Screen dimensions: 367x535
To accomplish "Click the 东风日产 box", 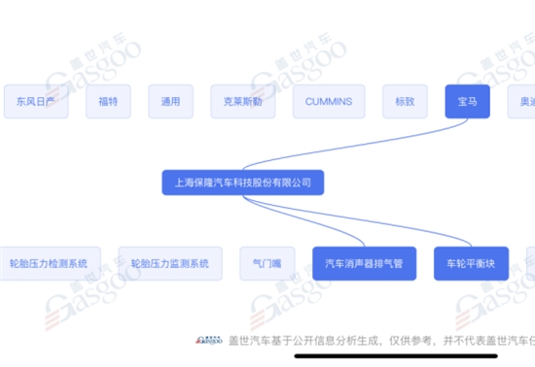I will [x=36, y=101].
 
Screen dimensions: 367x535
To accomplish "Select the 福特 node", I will [x=108, y=101].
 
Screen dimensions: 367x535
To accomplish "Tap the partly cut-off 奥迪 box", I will [x=522, y=101].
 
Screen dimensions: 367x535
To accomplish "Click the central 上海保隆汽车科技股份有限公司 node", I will [x=242, y=182].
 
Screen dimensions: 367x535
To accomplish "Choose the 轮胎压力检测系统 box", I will [x=48, y=263].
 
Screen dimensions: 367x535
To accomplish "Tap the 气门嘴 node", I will [x=258, y=263].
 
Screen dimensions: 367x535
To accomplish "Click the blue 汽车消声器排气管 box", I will [x=363, y=263].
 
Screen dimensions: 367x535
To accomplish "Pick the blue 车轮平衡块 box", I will [x=471, y=263].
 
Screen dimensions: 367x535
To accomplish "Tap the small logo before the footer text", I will [x=208, y=341].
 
